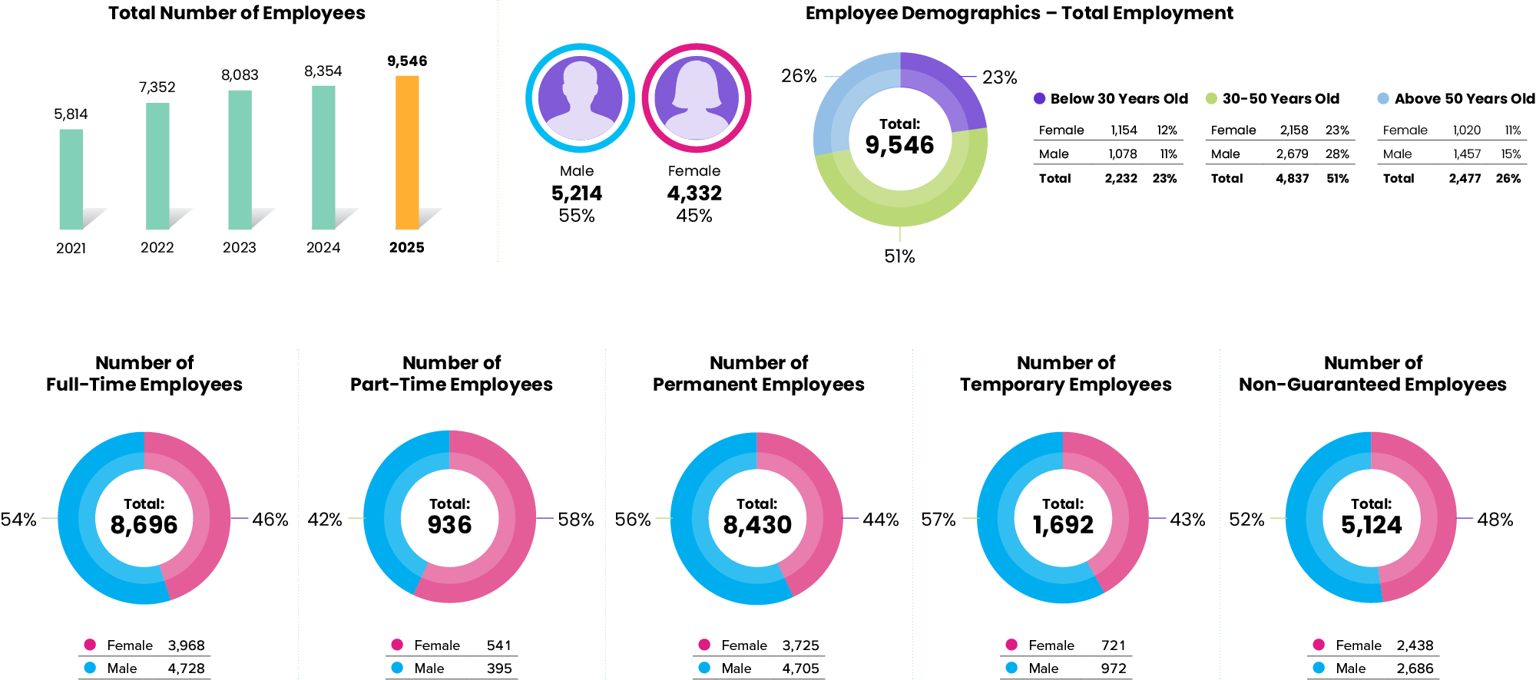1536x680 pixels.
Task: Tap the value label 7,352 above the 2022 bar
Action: click(x=157, y=87)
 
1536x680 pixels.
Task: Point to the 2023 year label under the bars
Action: click(x=240, y=247)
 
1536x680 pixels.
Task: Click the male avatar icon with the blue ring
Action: click(x=580, y=97)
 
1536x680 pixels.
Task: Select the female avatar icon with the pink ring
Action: click(x=696, y=97)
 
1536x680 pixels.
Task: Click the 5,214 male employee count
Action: click(x=577, y=193)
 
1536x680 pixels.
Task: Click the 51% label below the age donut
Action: click(x=899, y=256)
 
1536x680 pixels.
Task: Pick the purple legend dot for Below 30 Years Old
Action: click(x=1040, y=98)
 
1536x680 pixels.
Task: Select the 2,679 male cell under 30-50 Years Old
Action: click(x=1292, y=154)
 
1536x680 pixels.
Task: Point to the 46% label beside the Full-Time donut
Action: click(x=270, y=520)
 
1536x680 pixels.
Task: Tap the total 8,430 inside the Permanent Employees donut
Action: click(x=757, y=525)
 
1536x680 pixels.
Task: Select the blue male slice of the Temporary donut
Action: click(x=998, y=537)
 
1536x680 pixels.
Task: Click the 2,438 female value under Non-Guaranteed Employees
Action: click(x=1415, y=645)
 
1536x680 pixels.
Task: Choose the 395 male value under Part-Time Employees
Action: click(x=499, y=668)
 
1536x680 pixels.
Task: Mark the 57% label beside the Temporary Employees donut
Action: click(x=938, y=520)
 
